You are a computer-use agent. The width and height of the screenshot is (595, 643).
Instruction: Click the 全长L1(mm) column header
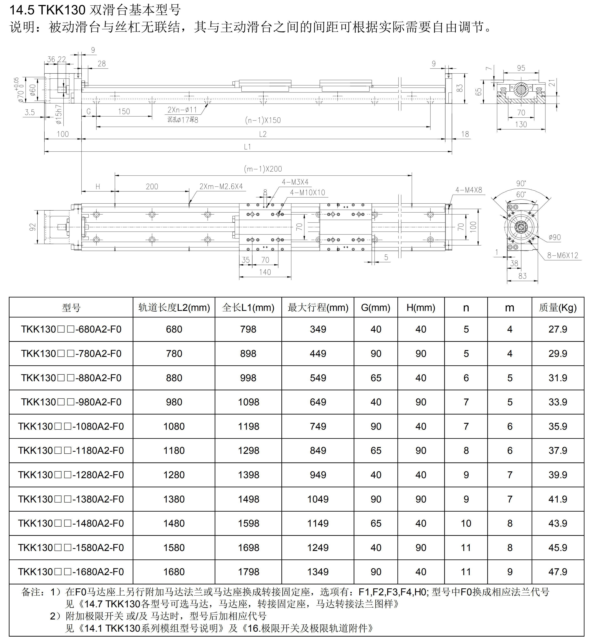pyautogui.click(x=248, y=308)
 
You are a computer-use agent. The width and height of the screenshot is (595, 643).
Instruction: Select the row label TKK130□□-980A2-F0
pyautogui.click(x=71, y=402)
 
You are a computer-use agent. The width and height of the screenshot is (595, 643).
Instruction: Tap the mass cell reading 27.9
pyautogui.click(x=558, y=329)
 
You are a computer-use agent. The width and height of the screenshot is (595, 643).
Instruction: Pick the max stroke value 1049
pyautogui.click(x=318, y=499)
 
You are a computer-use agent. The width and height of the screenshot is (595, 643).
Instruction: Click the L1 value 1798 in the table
pyautogui.click(x=248, y=572)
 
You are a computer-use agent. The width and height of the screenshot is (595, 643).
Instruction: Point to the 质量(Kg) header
pyautogui.click(x=558, y=308)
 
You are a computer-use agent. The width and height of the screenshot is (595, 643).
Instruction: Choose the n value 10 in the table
pyautogui.click(x=466, y=523)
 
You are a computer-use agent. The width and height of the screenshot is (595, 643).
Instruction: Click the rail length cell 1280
pyautogui.click(x=174, y=475)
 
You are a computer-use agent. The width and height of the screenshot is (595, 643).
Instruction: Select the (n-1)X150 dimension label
pyautogui.click(x=263, y=120)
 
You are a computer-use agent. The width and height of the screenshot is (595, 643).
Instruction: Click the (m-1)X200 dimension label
pyautogui.click(x=263, y=169)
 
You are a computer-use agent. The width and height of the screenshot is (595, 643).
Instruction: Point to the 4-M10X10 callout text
pyautogui.click(x=307, y=192)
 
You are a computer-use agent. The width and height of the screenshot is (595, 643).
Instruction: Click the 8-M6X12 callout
pyautogui.click(x=562, y=255)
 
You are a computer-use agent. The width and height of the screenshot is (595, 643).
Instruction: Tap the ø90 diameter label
pyautogui.click(x=555, y=237)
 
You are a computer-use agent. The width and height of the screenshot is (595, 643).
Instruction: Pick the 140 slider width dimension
pyautogui.click(x=265, y=272)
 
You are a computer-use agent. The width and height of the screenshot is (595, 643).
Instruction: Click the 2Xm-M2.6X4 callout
pyautogui.click(x=221, y=186)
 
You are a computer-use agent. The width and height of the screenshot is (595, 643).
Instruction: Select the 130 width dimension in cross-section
pyautogui.click(x=521, y=124)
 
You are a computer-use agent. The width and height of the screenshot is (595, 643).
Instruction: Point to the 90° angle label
pyautogui.click(x=521, y=183)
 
